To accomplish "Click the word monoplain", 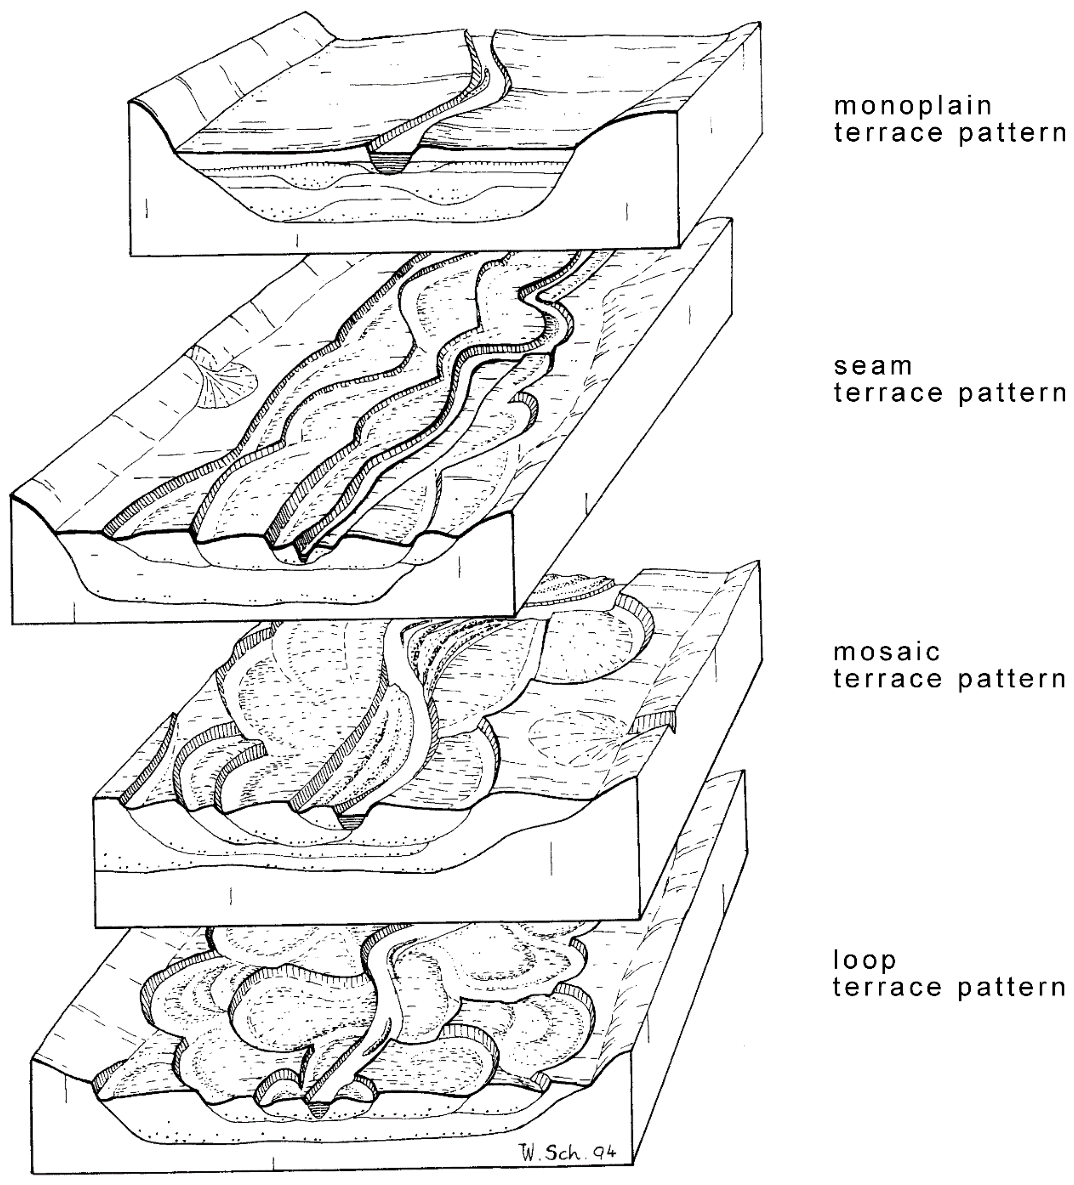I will tap(913, 107).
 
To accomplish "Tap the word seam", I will tap(872, 366).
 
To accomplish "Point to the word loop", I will tap(864, 960).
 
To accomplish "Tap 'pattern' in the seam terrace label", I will tap(1012, 394).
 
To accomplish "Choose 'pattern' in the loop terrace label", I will tap(1012, 988).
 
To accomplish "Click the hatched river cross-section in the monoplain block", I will tap(390, 162).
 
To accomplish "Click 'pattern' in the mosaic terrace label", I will tap(1012, 679).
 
